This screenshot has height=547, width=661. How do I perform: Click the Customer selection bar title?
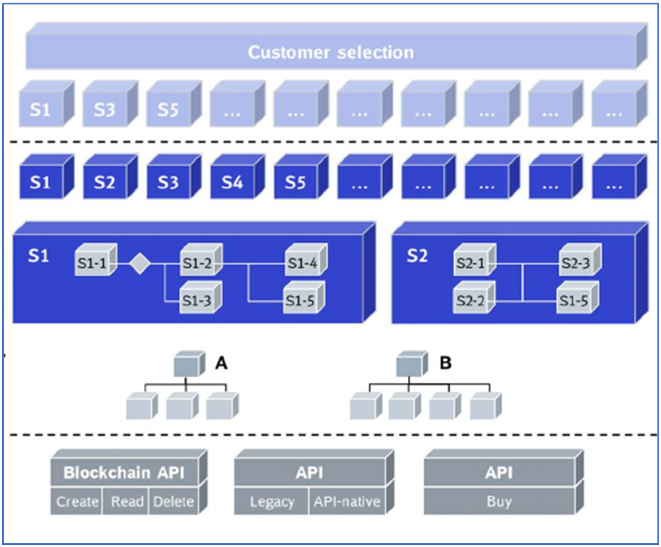[331, 52]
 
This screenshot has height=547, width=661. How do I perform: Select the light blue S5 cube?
[168, 109]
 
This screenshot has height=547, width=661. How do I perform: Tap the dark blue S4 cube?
[232, 182]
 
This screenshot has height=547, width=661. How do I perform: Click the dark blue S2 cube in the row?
[105, 182]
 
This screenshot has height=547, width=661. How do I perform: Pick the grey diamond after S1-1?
[140, 264]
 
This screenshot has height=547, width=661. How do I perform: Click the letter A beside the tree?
[221, 363]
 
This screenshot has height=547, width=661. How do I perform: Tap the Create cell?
[77, 501]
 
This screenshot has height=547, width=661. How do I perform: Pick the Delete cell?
[174, 501]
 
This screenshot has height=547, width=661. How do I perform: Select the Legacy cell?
[272, 501]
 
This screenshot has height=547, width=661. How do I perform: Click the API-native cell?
[347, 501]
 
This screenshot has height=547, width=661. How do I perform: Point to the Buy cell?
[499, 501]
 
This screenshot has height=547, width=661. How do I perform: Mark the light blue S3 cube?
[105, 109]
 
